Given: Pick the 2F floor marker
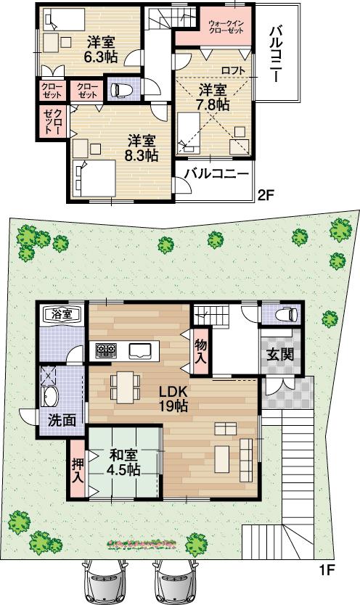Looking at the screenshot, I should [266, 194].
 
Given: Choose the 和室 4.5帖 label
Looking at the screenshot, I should [124, 462].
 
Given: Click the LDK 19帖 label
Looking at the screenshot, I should [174, 398].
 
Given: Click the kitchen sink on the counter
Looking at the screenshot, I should [141, 351].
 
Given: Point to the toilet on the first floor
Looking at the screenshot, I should [288, 314].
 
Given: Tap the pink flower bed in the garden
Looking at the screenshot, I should [142, 543].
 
